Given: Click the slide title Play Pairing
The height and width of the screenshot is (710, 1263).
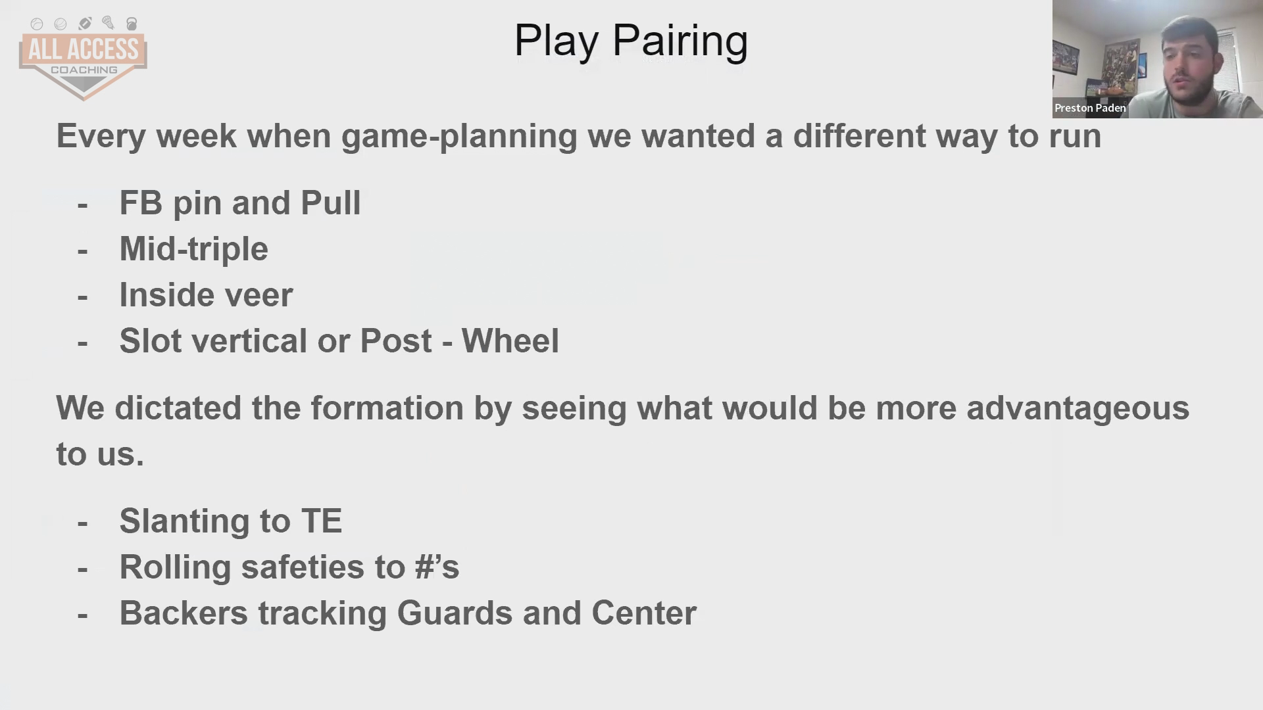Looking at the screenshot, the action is coord(631,41).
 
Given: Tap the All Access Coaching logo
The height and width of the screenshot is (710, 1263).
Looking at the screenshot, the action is coord(83,58).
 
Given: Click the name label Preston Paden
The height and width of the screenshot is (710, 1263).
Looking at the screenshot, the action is coord(1090,108).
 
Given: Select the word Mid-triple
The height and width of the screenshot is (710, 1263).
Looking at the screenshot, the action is coord(193,249).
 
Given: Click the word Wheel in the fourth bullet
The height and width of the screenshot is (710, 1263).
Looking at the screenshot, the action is coord(510,341).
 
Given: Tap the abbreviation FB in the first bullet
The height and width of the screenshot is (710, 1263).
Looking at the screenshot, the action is coord(141,202).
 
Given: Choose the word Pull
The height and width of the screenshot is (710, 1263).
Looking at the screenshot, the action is coord(330,202).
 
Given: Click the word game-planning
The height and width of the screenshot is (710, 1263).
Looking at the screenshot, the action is coord(459,137).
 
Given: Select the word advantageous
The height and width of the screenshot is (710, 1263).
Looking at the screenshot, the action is coord(1077,409).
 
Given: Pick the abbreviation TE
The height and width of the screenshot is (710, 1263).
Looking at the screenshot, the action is coord(322,521).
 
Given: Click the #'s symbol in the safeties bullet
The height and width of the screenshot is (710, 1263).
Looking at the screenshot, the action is coord(437,567).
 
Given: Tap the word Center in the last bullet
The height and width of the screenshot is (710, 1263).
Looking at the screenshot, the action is coord(643,613).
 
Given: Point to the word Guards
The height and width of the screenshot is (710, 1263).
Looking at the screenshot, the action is coord(455,613).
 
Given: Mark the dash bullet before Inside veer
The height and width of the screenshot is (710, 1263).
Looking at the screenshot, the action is coord(82,296).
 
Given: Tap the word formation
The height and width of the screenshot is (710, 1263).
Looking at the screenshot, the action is coord(387,408).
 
